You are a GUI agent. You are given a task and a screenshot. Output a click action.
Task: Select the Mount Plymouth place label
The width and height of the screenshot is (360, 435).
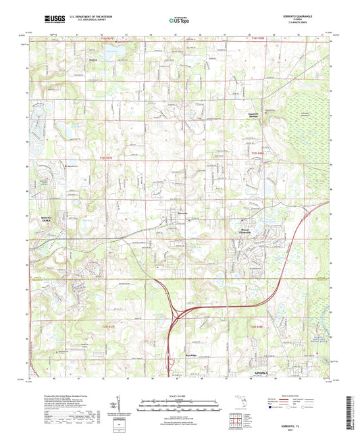[252, 230]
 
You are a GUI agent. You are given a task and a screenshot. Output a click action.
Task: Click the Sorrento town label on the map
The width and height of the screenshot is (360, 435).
[182, 215]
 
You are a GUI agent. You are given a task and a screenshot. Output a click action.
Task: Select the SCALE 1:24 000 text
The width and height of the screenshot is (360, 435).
[180, 395]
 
